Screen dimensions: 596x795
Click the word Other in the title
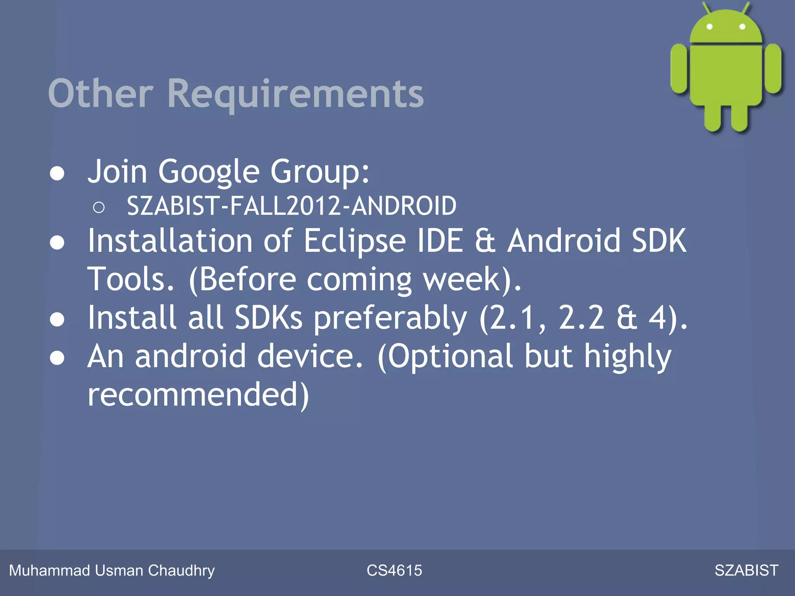click(x=101, y=94)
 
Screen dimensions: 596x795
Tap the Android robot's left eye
click(x=710, y=27)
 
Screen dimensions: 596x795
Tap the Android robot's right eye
click(x=742, y=27)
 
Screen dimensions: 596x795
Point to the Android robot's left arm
click(x=679, y=69)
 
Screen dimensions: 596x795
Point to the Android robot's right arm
click(x=773, y=69)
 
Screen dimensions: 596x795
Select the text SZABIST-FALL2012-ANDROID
click(x=292, y=206)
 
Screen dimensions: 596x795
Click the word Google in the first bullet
click(x=208, y=172)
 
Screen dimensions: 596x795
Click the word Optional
click(x=450, y=357)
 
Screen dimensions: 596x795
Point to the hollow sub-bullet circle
click(x=99, y=208)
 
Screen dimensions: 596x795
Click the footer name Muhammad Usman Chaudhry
click(x=112, y=570)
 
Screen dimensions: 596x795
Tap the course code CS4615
click(x=394, y=570)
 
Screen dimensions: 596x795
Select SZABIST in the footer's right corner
click(x=746, y=570)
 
